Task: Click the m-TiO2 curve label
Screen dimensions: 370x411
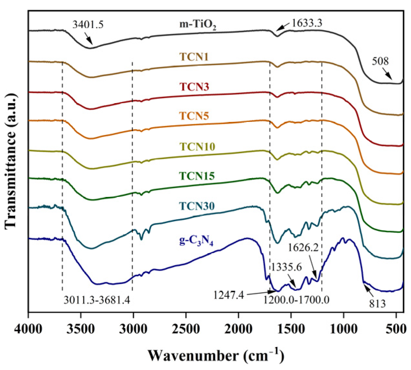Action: pos(198,25)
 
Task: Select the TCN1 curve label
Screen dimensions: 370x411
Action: pos(194,57)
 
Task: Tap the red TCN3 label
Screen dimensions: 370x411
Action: pos(194,87)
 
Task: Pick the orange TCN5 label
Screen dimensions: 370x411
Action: pos(194,116)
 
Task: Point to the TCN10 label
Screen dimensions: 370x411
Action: pos(198,147)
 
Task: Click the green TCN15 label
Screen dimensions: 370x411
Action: pos(197,176)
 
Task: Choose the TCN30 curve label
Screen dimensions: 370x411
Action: pos(197,206)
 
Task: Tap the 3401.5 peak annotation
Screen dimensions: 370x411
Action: pos(88,25)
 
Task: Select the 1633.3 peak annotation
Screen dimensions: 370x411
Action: pos(307,23)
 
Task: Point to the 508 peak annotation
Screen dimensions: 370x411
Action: pos(380,61)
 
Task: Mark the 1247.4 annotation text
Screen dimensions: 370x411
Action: pos(229,295)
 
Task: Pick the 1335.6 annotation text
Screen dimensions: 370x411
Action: pos(287,267)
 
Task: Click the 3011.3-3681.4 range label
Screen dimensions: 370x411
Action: pos(97,300)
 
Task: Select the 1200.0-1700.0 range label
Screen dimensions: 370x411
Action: pos(296,300)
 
